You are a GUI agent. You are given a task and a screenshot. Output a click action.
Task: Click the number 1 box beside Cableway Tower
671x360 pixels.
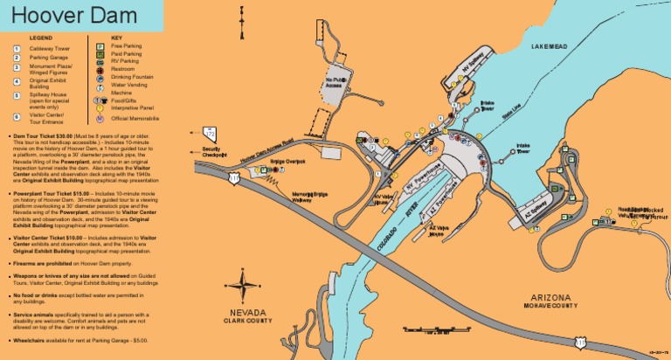(16, 49)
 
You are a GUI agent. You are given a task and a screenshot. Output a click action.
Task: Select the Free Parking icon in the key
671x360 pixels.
(100, 45)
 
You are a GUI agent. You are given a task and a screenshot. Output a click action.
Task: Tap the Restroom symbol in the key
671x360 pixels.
(100, 69)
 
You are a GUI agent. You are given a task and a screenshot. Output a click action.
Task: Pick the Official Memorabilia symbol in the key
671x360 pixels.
(100, 117)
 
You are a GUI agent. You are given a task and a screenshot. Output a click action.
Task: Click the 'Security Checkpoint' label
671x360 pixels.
(214, 152)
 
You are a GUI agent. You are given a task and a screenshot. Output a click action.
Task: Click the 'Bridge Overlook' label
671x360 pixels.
(287, 162)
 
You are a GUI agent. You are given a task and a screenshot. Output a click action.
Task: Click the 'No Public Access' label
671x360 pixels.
(334, 84)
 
